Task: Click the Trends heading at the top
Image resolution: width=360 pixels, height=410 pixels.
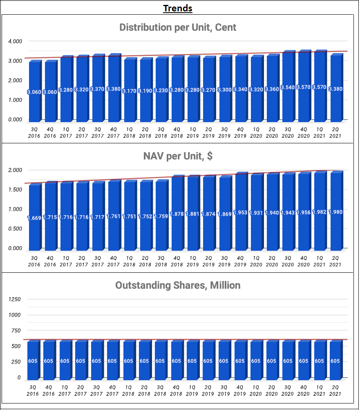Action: pyautogui.click(x=178, y=8)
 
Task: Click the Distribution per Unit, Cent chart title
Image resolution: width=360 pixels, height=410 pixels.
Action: pyautogui.click(x=178, y=27)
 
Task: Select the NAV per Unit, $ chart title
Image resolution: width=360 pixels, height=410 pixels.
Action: pyautogui.click(x=178, y=156)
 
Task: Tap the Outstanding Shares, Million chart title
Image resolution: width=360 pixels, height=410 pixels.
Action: pyautogui.click(x=178, y=285)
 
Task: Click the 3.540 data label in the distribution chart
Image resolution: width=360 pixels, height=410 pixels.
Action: pyautogui.click(x=288, y=87)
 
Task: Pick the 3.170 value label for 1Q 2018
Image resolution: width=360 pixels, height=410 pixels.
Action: pyautogui.click(x=129, y=91)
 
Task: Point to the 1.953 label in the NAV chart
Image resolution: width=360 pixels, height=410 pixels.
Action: pyautogui.click(x=240, y=212)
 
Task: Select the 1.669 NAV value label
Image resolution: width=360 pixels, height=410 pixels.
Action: pyautogui.click(x=34, y=218)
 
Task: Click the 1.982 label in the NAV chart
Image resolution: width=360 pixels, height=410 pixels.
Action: pyautogui.click(x=320, y=212)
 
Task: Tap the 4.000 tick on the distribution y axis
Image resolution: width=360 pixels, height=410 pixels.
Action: pyautogui.click(x=15, y=41)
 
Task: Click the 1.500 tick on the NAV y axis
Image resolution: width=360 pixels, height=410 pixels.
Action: pyautogui.click(x=15, y=189)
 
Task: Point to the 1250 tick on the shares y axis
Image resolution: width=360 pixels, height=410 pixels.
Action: pyautogui.click(x=14, y=299)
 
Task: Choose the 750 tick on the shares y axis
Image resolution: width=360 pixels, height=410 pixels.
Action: pyautogui.click(x=16, y=330)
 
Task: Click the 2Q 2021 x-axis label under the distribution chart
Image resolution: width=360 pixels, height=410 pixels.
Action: pyautogui.click(x=335, y=133)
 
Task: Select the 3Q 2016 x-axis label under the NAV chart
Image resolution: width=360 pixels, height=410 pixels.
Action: pyautogui.click(x=34, y=261)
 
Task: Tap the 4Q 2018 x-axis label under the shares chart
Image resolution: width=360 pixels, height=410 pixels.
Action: pyautogui.click(x=176, y=390)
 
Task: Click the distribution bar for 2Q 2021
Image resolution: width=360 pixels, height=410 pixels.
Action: pyautogui.click(x=336, y=88)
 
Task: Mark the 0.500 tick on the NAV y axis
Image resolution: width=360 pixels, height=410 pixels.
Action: pyautogui.click(x=15, y=229)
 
